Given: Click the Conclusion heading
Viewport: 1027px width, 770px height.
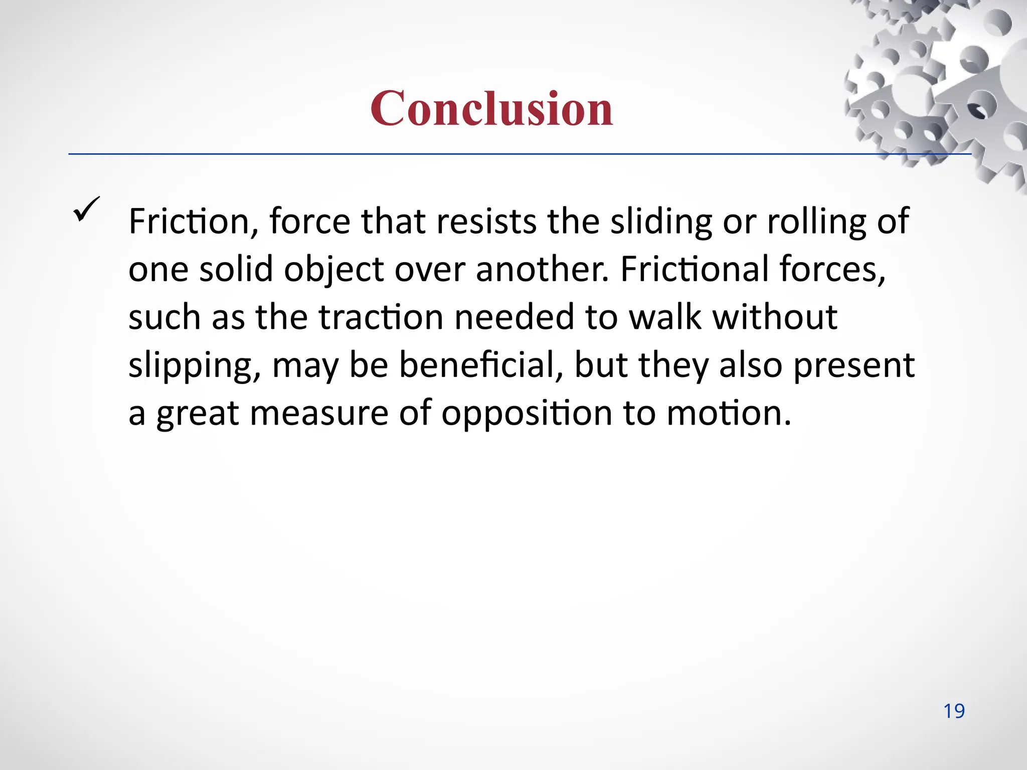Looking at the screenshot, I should coord(491,108).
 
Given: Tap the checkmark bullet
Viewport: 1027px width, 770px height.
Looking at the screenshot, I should coord(87,209).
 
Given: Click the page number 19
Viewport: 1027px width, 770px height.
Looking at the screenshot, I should coord(954,711).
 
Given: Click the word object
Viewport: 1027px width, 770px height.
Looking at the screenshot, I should coord(333,269).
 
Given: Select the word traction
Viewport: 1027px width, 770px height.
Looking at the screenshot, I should coord(381,317).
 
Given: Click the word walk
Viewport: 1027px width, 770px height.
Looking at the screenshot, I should coord(664,317).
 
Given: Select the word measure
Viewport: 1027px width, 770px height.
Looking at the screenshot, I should coord(319,414).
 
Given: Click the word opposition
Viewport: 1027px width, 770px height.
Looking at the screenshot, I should coord(527,414).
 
